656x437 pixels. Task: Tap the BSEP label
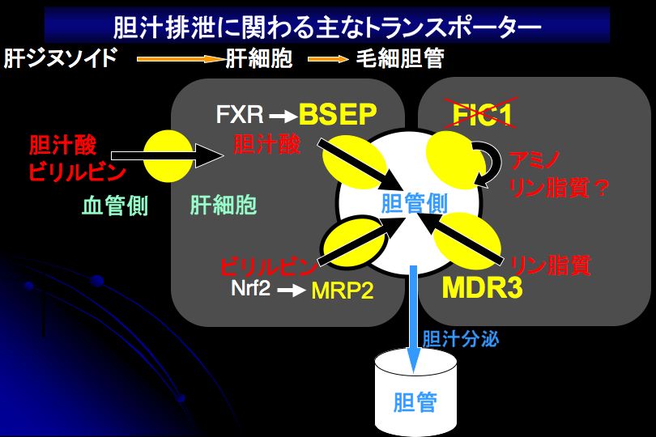(339, 115)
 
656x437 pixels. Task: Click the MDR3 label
(482, 289)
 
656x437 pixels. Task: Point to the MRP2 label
(343, 291)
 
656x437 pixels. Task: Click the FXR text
(240, 115)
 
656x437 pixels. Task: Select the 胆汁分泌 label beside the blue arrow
(460, 337)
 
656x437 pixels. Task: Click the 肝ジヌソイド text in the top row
(61, 60)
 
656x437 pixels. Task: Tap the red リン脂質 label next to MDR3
(550, 265)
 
